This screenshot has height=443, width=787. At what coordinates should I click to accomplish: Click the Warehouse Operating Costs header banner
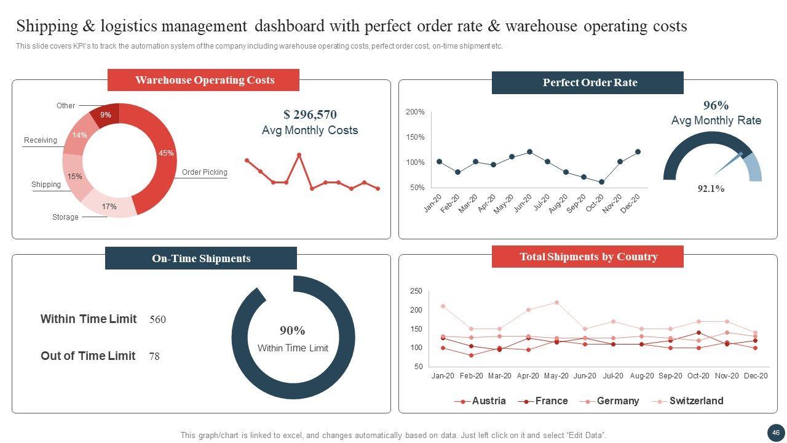point(204,80)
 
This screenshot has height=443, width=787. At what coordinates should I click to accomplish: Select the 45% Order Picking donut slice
point(157,154)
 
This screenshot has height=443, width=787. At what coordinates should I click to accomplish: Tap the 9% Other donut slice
point(106,116)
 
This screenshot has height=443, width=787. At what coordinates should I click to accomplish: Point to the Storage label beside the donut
point(65,217)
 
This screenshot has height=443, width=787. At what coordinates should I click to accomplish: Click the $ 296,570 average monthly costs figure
point(310,114)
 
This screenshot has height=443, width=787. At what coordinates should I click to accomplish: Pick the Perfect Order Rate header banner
point(588,83)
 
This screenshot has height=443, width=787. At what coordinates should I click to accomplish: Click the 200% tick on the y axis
point(415,112)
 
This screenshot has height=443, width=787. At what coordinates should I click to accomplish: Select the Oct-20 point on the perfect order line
point(601,182)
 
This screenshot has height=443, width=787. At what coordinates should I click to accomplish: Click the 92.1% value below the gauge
point(711,189)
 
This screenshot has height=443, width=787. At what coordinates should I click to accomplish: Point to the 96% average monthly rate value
point(716,105)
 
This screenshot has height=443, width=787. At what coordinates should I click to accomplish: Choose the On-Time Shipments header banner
point(201,258)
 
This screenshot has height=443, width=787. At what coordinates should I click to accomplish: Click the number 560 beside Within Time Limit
point(157,320)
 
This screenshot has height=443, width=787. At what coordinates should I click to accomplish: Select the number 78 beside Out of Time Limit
point(154,356)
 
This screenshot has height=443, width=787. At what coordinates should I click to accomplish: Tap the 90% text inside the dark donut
point(293,330)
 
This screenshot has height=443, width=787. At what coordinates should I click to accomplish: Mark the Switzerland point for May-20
point(556,302)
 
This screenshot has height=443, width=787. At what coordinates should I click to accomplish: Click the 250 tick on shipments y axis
point(416,291)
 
